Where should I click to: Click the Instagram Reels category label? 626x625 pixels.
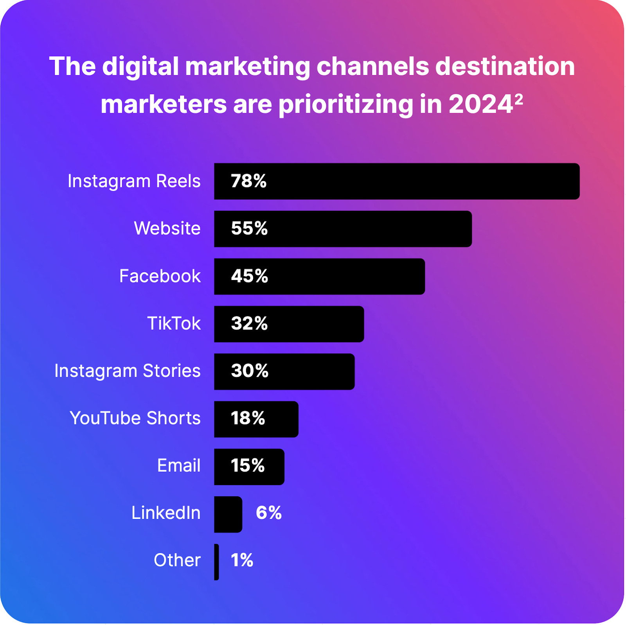(134, 181)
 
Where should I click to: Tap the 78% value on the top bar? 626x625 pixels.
(248, 181)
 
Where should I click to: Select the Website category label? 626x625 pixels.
(167, 228)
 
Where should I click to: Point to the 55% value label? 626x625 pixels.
(249, 229)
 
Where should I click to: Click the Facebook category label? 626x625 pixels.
(160, 276)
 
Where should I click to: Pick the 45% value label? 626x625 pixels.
(249, 276)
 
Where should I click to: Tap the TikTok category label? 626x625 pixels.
(174, 324)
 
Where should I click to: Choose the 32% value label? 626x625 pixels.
(249, 324)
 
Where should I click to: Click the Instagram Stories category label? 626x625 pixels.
(127, 371)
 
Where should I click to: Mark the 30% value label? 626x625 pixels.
(250, 371)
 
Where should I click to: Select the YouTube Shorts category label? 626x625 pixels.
(135, 418)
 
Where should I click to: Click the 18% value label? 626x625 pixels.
(248, 418)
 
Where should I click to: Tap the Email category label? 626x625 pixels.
(179, 466)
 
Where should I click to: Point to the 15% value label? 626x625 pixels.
(248, 466)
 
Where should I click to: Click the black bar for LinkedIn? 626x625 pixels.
(228, 514)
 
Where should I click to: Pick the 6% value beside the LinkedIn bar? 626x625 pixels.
(269, 513)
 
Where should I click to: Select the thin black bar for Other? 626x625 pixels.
(216, 562)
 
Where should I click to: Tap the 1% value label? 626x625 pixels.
(242, 560)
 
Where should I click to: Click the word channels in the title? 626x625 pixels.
(372, 66)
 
